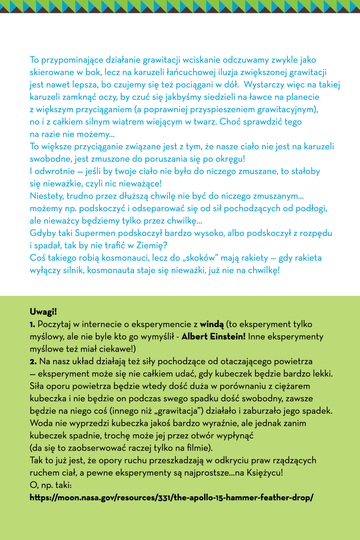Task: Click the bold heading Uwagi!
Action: [43, 312]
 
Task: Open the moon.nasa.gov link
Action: [172, 497]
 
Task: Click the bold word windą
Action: [212, 324]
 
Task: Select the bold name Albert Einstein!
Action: [213, 337]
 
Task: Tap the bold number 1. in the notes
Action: [33, 324]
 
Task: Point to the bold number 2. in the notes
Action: [33, 361]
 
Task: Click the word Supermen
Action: [95, 233]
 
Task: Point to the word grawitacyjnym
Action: [287, 110]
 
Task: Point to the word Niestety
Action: [47, 196]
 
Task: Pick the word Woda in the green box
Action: [39, 423]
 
